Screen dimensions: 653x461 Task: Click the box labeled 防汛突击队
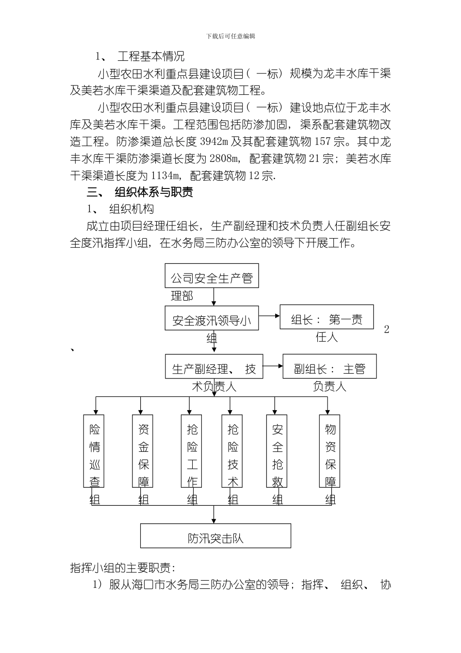coord(215,535)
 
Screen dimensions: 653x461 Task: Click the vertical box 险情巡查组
coord(94,450)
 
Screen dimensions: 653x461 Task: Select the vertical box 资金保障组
coord(143,450)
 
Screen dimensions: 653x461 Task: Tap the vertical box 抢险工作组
coord(192,450)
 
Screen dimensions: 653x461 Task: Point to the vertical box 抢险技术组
coord(232,450)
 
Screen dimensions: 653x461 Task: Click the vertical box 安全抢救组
coord(277,450)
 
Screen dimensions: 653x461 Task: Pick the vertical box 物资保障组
coord(330,450)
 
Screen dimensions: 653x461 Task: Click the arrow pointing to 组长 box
coord(269,315)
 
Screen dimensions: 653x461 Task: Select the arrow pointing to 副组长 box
coord(273,366)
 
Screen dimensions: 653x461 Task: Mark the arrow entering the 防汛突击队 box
coord(214,515)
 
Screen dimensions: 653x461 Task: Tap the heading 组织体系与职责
coord(154,192)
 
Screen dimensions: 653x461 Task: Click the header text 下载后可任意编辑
coord(230,36)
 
